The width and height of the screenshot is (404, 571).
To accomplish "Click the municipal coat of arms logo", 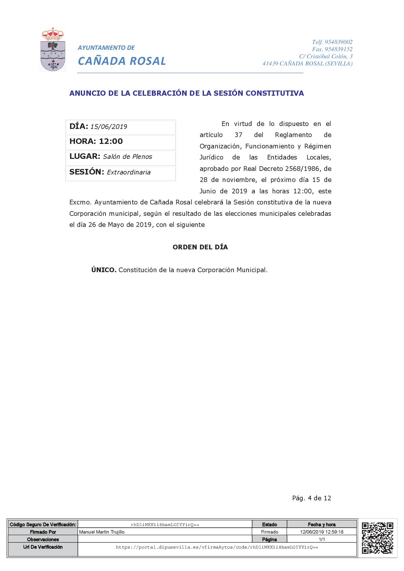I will click(53, 50).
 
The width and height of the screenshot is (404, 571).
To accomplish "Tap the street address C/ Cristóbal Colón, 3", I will click(325, 56).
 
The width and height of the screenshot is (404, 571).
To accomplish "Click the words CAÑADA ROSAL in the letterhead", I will click(122, 61).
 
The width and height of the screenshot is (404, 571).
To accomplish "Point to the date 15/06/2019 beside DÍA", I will click(108, 127).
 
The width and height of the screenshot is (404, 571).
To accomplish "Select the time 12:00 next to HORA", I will click(111, 141).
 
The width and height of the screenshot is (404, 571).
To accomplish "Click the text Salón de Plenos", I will click(127, 157).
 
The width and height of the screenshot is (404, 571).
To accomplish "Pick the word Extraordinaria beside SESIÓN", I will click(129, 172).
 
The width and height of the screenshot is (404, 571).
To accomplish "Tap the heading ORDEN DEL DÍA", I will click(200, 247).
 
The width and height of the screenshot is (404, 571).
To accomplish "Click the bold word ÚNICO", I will click(104, 270).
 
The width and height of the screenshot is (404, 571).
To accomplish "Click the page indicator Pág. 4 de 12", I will click(311, 498).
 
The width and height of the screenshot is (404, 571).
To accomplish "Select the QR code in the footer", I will click(377, 538).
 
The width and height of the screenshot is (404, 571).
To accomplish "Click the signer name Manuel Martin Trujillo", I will click(102, 532).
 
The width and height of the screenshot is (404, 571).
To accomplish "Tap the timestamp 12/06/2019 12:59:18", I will click(322, 532).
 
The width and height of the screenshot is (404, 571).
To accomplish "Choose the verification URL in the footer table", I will click(217, 548).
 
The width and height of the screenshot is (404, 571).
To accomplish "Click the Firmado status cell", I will click(269, 532).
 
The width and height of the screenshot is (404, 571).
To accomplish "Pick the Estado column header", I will click(269, 524).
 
